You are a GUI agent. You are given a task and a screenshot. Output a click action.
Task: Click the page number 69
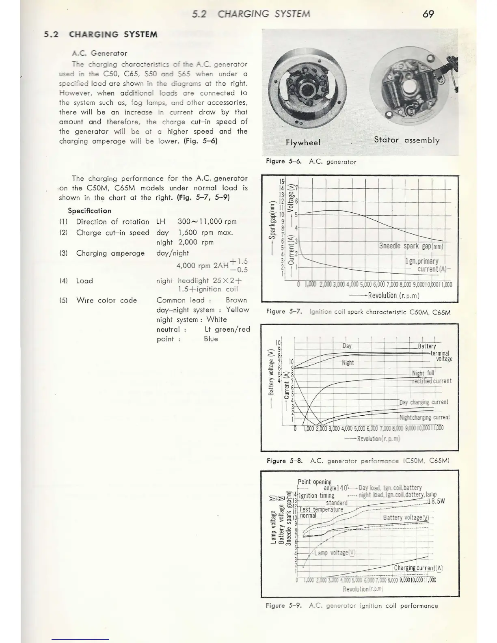(428, 14)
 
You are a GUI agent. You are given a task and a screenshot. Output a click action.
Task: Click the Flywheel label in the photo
(303, 142)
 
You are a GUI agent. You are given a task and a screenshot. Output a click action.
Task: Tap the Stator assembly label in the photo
(406, 140)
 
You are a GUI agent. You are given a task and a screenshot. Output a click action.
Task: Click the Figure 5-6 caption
(311, 162)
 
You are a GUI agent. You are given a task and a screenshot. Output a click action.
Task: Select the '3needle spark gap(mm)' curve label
(411, 246)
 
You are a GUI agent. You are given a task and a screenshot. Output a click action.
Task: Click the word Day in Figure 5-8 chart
(347, 346)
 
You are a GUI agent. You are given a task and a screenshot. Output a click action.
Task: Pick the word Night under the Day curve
(348, 362)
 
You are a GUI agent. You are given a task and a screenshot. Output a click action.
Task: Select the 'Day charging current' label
(424, 402)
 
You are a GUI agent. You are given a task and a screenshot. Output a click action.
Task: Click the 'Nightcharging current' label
(424, 417)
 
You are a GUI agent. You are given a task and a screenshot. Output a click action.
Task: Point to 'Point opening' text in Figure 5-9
(314, 482)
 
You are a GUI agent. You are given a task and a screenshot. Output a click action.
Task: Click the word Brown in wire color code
(236, 300)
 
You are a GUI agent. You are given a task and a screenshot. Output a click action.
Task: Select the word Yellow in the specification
(238, 310)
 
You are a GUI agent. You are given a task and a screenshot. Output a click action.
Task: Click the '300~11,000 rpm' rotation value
(207, 222)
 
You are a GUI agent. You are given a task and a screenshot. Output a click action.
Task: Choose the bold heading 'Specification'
(89, 211)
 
